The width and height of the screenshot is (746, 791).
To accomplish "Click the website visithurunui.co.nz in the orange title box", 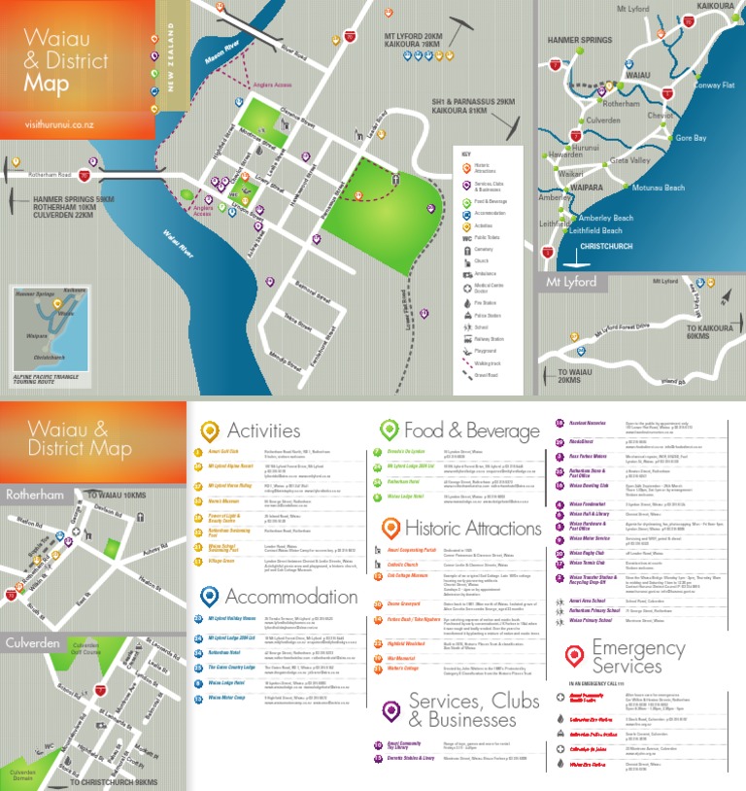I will pyautogui.click(x=60, y=125).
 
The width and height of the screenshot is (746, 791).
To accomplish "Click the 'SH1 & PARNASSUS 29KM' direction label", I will pyautogui.click(x=473, y=101).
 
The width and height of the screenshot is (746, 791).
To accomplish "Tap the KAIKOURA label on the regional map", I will pyautogui.click(x=715, y=7).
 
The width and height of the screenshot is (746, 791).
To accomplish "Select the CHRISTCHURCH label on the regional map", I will pyautogui.click(x=605, y=247).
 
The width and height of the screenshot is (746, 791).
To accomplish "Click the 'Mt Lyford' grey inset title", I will pyautogui.click(x=572, y=283).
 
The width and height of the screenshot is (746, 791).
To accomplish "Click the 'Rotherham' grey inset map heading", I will pyautogui.click(x=34, y=495).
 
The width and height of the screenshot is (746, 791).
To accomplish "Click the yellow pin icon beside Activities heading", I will pyautogui.click(x=209, y=430).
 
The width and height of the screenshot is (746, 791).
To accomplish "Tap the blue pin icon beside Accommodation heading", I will pyautogui.click(x=209, y=596).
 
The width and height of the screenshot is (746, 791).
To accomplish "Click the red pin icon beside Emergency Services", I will pyautogui.click(x=574, y=657).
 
